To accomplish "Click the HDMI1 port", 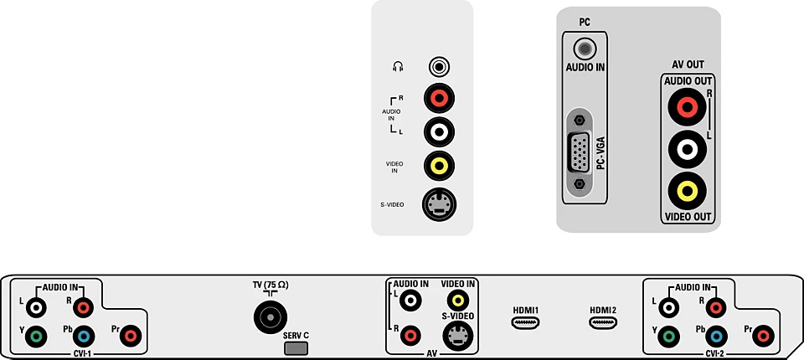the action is coord(525,322).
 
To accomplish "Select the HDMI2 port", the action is coord(603,322).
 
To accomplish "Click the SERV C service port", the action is coord(296,349).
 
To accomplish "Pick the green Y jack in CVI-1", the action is coord(36,337).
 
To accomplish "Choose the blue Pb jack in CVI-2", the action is coord(716,337).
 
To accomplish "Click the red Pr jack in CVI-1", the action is coord(131,337).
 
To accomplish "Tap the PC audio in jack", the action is coord(584,49).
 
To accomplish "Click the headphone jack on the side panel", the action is coord(440,67).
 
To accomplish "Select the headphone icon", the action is coord(398,67).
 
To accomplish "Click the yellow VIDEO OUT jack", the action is coord(687,191).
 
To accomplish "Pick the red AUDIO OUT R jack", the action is coord(687,107).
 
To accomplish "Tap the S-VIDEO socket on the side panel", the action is coord(440,204).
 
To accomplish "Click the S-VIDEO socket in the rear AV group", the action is coord(458,336).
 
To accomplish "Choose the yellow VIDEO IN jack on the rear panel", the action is coord(458,300).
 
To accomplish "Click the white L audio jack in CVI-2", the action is coord(669,308).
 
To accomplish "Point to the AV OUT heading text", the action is coord(688,64).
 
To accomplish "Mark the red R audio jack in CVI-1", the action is coord(84,308).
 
